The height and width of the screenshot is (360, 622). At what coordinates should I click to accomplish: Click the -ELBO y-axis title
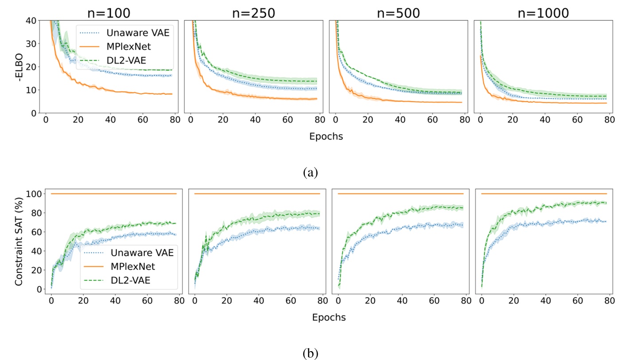click(18, 66)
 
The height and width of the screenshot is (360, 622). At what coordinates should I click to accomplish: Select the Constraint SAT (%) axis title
click(18, 241)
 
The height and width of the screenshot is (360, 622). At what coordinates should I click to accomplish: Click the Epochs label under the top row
click(326, 136)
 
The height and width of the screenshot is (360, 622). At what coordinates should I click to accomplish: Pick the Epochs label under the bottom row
click(329, 317)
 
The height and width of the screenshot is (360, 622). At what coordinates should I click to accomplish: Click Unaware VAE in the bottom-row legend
click(135, 253)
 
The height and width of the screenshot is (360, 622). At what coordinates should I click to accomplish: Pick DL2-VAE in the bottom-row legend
click(127, 281)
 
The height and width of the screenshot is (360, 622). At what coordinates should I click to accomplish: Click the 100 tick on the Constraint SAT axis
click(34, 194)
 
